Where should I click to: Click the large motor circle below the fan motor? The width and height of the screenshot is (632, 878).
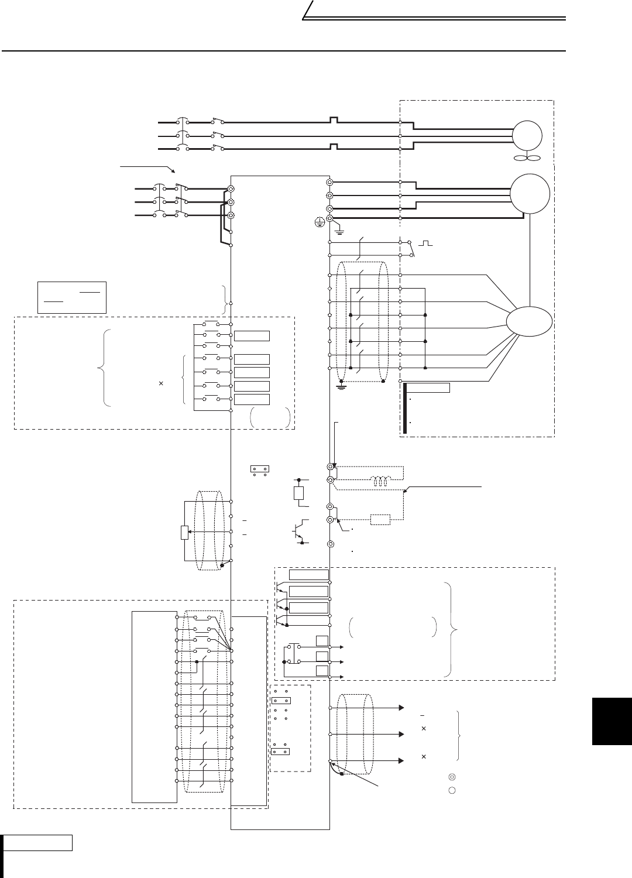point(530,194)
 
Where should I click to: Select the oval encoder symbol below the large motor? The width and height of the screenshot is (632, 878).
point(529,323)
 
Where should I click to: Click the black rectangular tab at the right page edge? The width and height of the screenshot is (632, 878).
point(612,721)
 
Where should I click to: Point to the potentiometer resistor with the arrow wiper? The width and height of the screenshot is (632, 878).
point(185,533)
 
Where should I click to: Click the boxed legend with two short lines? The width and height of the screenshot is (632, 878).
point(71,297)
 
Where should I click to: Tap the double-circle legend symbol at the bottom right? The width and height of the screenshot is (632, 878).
point(451,777)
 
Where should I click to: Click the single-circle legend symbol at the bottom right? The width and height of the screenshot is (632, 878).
point(451,790)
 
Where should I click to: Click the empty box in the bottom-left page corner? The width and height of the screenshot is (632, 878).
point(38,843)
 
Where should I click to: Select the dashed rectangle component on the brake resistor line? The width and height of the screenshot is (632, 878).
point(380,519)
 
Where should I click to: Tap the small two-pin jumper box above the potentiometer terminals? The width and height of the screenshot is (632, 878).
point(258,469)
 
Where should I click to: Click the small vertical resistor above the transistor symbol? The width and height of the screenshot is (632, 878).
point(298,492)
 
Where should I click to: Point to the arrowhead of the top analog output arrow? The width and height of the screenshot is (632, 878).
point(401,708)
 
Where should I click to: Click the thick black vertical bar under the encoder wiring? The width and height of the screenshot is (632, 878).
point(404,408)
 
